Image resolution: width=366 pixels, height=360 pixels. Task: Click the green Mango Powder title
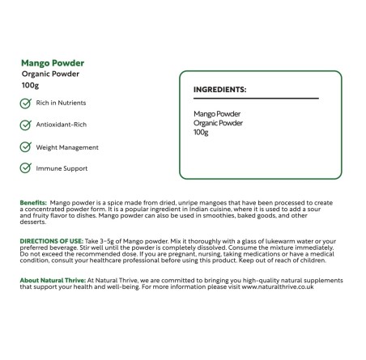pos(53,62)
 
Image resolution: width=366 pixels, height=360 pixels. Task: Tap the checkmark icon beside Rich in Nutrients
pos(26,104)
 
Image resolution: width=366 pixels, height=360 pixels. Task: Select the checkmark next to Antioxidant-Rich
pos(26,125)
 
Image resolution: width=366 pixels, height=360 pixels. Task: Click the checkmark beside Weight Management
pos(26,147)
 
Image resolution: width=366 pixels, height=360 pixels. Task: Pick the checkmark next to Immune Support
pos(26,168)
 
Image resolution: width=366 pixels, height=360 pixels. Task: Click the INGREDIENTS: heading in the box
pos(220,90)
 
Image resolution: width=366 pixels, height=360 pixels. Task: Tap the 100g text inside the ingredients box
pos(202,132)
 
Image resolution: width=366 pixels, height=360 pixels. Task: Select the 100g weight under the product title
pos(31,85)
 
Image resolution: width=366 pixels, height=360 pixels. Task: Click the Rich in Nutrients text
pos(62,104)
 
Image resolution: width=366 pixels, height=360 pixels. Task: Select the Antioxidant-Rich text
pos(60,125)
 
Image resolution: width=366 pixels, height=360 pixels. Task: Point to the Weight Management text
pos(67,147)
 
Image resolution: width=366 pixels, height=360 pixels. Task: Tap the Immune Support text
pos(62,168)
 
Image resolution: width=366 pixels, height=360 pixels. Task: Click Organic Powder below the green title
pos(50,74)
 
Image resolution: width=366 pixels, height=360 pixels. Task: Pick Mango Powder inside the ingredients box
pos(218,114)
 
